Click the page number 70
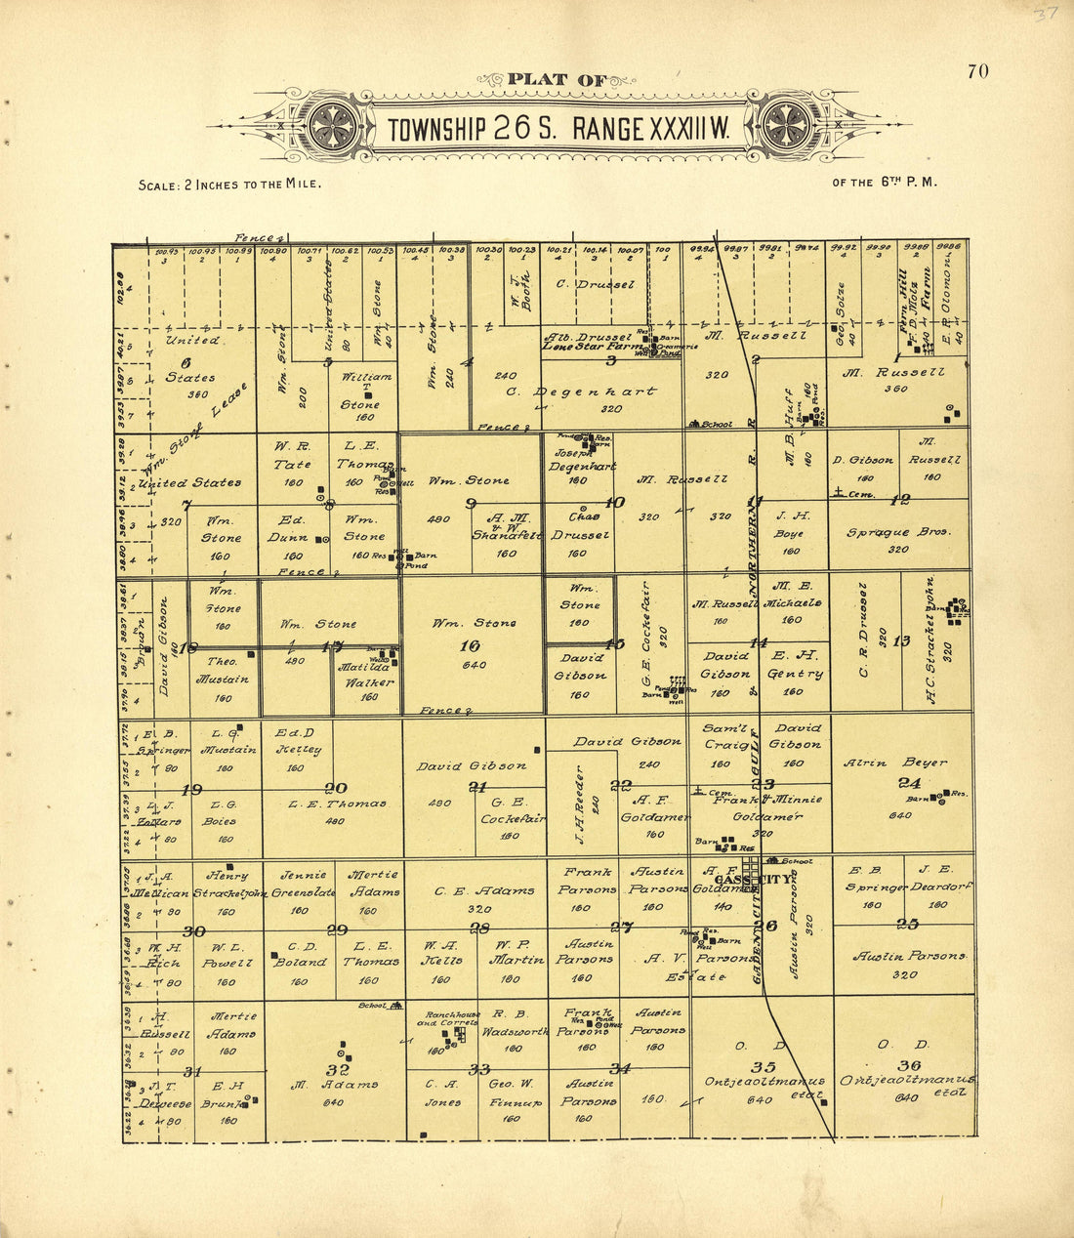977,71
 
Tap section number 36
909,1064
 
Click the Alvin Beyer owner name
894,763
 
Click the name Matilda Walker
366,675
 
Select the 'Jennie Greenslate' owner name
301,884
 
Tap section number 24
909,782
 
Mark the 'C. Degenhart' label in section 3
582,392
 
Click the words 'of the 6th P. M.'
884,182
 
